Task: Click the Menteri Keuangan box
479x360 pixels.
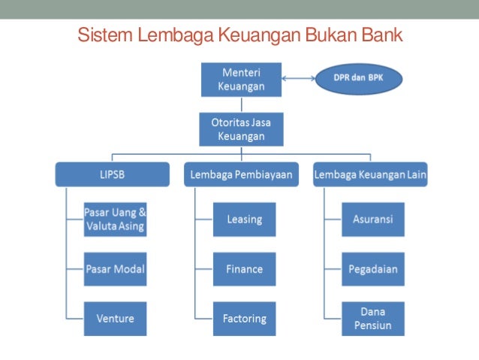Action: tap(241, 79)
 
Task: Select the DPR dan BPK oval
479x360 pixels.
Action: tap(358, 78)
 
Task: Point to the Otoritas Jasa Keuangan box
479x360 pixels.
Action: tap(241, 129)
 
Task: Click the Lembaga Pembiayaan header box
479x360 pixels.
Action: tap(241, 176)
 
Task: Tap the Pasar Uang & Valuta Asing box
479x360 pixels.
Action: tap(115, 219)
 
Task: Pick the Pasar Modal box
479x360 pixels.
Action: tap(115, 269)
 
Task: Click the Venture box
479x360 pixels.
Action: tap(115, 319)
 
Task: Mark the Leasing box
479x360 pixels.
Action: tap(244, 219)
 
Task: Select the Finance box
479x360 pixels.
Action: tap(244, 269)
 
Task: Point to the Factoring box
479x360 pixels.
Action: tap(244, 319)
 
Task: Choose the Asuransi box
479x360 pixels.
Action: tap(372, 219)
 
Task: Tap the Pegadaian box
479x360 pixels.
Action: tap(372, 269)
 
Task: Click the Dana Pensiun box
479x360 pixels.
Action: tap(372, 319)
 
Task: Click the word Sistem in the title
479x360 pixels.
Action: tap(101, 35)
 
